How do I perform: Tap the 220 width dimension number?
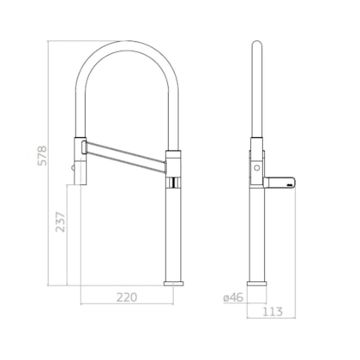click(127, 297)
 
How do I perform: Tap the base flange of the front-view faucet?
click(174, 282)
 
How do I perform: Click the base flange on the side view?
click(257, 282)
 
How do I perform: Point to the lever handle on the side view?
click(279, 181)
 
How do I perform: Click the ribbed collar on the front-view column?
click(174, 182)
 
